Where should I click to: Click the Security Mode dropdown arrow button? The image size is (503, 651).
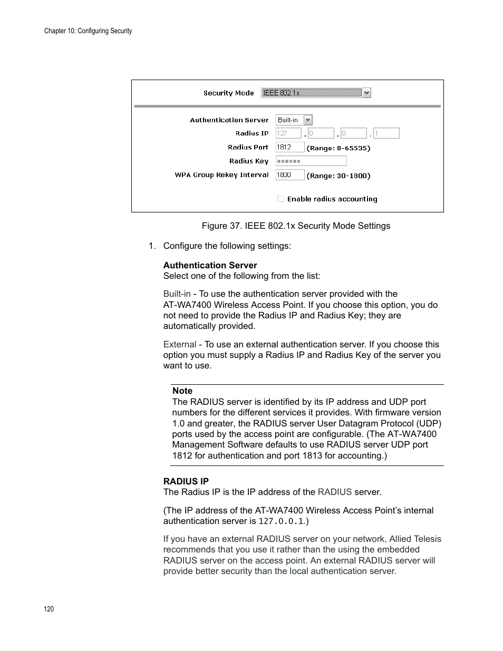367,93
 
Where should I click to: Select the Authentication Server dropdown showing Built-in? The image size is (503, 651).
294,120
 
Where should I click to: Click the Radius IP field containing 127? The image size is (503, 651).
288,133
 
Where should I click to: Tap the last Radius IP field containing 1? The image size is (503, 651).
386,133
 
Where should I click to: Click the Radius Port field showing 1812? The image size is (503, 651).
290,148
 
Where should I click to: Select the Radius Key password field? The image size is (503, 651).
311,161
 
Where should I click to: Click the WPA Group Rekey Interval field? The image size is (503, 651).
290,175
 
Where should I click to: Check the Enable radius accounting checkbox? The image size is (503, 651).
280,199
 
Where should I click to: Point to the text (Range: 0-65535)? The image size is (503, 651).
338,148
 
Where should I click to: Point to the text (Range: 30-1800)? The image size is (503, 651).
338,176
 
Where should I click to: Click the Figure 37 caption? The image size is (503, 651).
296,226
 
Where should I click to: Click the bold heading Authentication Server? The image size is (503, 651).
210,265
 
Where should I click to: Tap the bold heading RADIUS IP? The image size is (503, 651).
186,481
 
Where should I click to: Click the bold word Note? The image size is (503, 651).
182,391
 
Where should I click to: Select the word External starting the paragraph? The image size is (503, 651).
179,344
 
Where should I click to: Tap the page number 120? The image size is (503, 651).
49,609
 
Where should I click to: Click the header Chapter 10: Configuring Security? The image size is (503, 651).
88,31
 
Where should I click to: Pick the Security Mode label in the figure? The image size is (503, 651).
228,93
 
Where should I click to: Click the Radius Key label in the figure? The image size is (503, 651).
248,161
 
